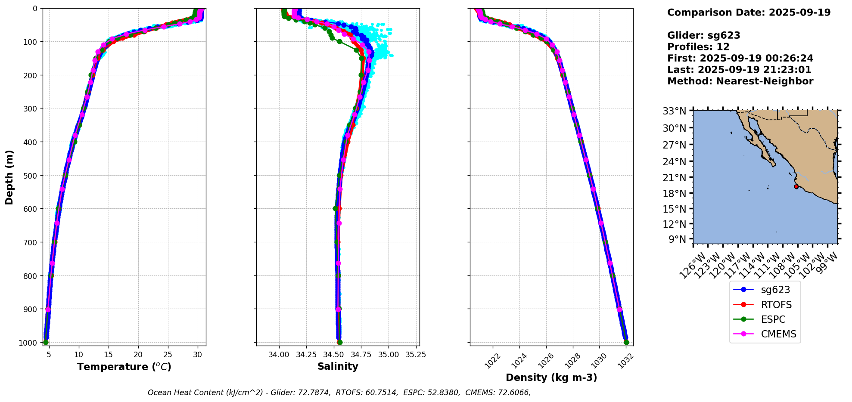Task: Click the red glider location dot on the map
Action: point(796,186)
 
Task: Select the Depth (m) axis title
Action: point(9,177)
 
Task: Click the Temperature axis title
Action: point(124,367)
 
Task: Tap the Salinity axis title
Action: point(338,366)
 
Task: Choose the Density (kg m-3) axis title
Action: point(551,377)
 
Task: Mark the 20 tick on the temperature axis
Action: point(138,355)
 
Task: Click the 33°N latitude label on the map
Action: point(674,111)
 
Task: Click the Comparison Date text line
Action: point(749,12)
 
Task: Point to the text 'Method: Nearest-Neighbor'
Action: point(740,81)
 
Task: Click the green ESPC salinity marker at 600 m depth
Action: point(336,209)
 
